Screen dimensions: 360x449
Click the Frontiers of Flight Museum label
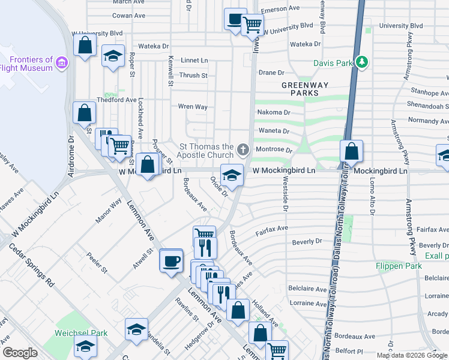point(32,64)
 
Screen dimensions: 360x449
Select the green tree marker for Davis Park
point(362,62)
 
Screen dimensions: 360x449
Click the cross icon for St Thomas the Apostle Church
point(243,149)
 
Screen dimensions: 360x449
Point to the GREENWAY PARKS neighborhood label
point(306,89)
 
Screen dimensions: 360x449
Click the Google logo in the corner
point(20,353)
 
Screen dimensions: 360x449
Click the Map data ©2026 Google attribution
point(412,355)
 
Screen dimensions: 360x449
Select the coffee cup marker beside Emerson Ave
point(235,19)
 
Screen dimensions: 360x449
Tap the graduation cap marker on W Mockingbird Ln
point(232,175)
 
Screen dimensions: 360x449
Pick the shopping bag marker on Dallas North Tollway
point(352,151)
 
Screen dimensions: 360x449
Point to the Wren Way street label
point(192,107)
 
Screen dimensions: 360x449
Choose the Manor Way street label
point(107,211)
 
